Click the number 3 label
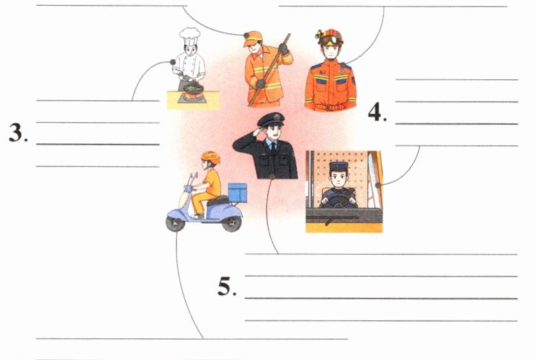(x=19, y=132)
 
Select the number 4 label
(x=377, y=112)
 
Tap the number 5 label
(x=227, y=286)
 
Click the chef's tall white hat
(x=190, y=36)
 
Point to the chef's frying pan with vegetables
(x=193, y=88)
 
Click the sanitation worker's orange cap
(x=252, y=38)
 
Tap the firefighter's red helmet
(x=330, y=37)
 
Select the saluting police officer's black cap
(x=271, y=120)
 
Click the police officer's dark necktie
(x=274, y=146)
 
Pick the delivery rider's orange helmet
(x=210, y=157)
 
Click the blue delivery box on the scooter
(x=237, y=193)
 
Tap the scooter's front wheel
(x=176, y=223)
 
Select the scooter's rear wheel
(x=232, y=223)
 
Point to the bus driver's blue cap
(x=339, y=166)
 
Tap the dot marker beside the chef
(x=173, y=62)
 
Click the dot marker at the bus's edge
(x=378, y=185)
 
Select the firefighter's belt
(x=330, y=107)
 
